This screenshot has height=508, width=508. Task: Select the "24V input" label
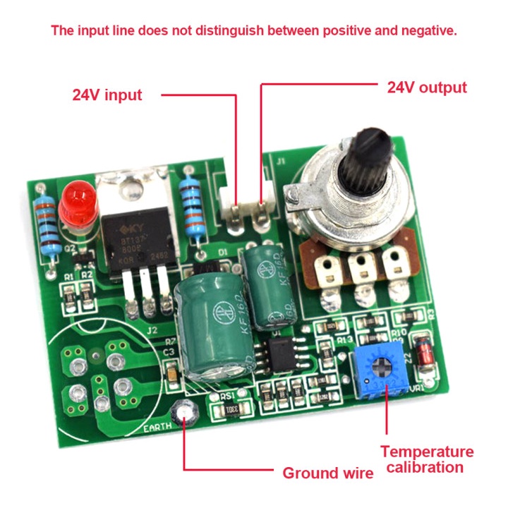click(x=107, y=95)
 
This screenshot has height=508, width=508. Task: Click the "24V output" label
click(x=427, y=87)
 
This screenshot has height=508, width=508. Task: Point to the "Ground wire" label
click(x=328, y=473)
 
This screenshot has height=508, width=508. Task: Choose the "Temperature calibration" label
click(x=427, y=459)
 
